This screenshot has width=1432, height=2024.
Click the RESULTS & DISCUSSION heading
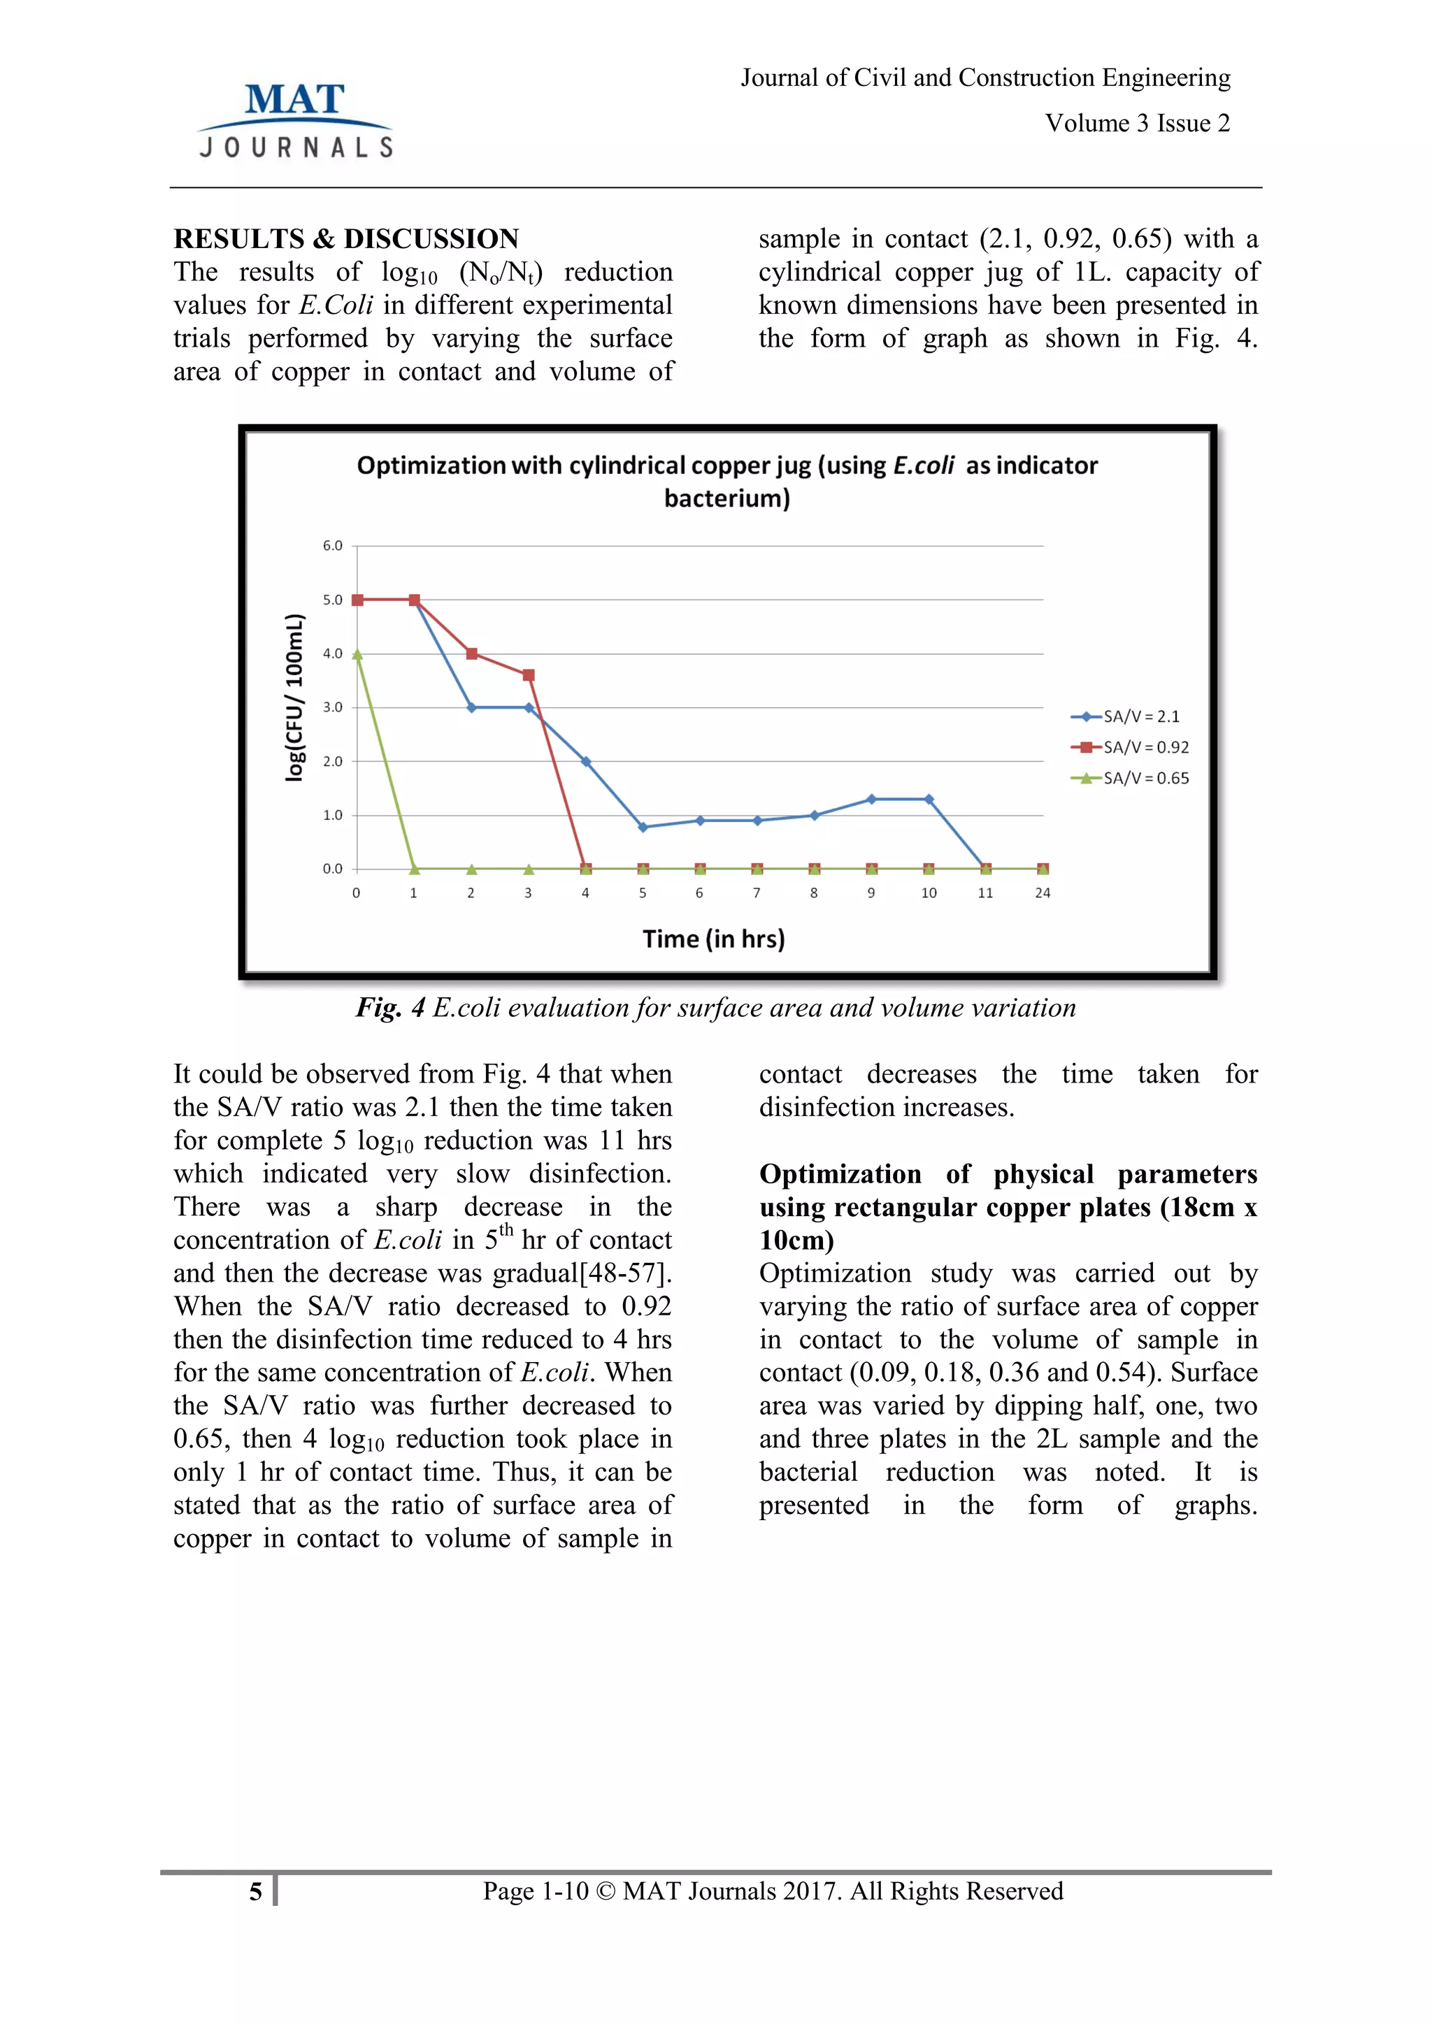345,239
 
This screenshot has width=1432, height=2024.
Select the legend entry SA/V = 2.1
1129,716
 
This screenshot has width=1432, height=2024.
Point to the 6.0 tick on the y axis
332,546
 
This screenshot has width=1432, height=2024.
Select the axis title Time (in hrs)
713,939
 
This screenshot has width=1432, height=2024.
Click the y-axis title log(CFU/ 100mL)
294,696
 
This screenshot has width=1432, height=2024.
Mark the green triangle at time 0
357,654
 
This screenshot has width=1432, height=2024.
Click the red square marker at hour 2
472,654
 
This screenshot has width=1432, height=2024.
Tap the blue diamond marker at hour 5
643,827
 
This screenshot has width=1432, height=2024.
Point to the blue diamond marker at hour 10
929,800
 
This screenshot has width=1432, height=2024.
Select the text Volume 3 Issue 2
1137,124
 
